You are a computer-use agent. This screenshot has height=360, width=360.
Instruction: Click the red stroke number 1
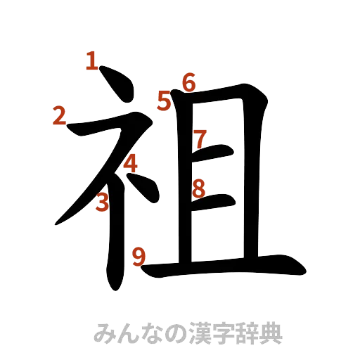point(91,61)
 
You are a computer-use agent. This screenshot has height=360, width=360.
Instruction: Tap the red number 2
point(60,115)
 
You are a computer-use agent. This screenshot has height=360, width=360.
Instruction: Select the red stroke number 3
point(103,202)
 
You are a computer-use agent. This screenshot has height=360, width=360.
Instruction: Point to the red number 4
point(130,164)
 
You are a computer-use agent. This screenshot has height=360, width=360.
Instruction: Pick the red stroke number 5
point(165,102)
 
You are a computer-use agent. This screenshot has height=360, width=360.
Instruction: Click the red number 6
point(188,83)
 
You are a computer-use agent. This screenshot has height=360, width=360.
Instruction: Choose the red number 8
point(199,188)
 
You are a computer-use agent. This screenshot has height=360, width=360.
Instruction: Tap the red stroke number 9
point(139,257)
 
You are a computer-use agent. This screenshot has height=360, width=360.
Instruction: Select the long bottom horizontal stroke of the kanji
point(232,267)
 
